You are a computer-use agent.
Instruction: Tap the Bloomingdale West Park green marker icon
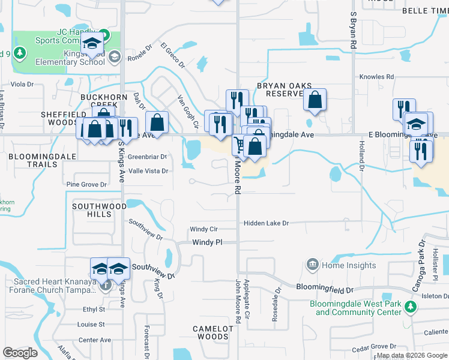[411, 307]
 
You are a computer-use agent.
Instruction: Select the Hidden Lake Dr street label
[266, 223]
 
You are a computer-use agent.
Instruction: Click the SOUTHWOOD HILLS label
[91, 210]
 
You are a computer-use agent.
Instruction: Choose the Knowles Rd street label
[376, 77]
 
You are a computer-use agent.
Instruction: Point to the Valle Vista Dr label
[148, 171]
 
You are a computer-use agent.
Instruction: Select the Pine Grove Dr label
[86, 184]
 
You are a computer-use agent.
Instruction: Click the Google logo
[20, 353]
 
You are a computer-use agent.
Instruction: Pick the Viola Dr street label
[22, 85]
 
